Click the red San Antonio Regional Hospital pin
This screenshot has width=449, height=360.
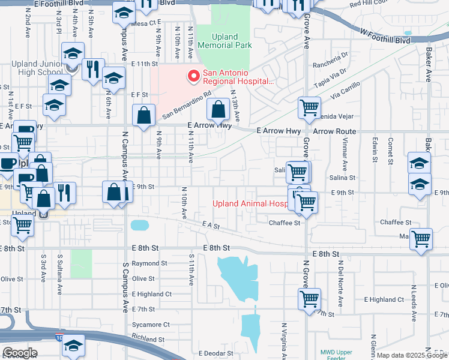coord(194,76)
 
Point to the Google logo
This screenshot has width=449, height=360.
coord(20,353)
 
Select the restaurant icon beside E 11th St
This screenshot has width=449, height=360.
coord(92,69)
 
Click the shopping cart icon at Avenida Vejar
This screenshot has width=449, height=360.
coord(309,109)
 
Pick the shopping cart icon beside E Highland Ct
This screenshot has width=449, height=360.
coord(309,298)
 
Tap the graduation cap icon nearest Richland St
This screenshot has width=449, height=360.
coord(74,347)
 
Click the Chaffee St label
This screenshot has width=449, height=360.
coord(284,223)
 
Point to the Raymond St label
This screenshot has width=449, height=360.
coord(149,263)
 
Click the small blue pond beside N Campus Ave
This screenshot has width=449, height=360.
coord(139,226)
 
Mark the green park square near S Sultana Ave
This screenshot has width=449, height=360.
coord(81,264)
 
